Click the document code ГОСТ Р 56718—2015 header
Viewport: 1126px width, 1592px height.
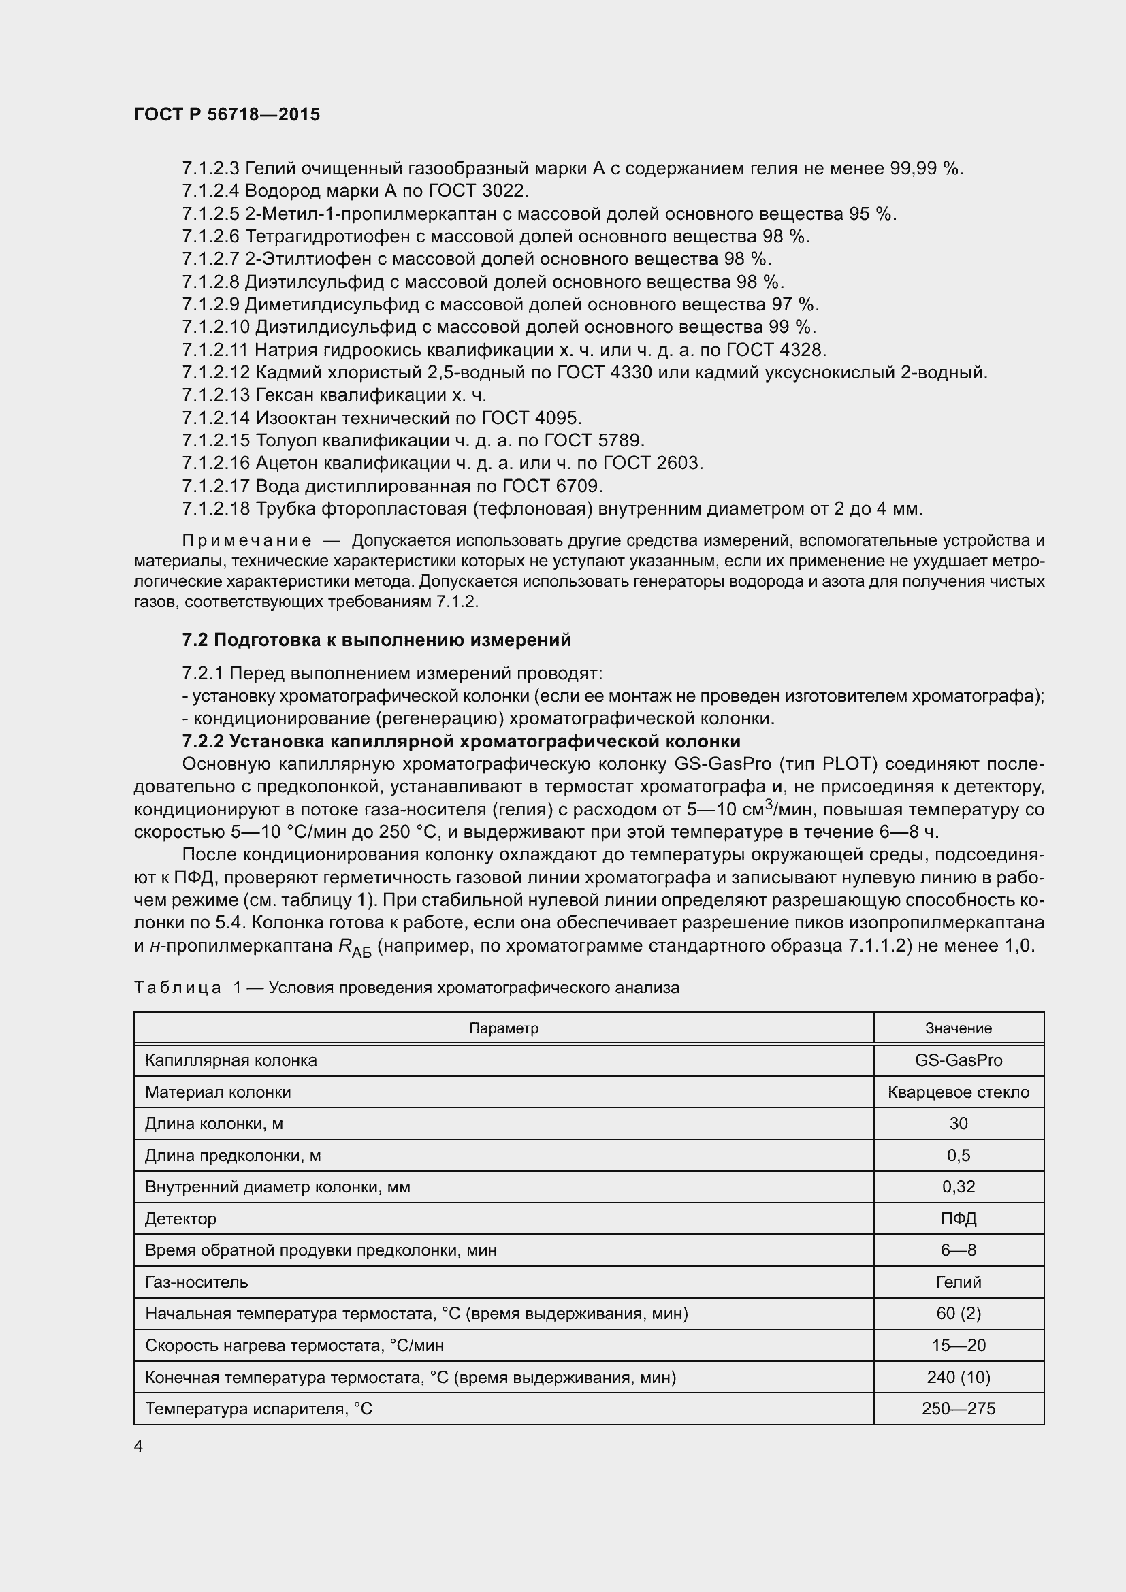click(227, 114)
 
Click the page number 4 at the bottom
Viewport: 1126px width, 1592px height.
click(139, 1446)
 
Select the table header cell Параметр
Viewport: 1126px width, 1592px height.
click(503, 1028)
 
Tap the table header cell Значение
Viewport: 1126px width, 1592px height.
click(959, 1028)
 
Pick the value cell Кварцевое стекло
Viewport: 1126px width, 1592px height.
click(959, 1092)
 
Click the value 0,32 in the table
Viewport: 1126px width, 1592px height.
click(959, 1186)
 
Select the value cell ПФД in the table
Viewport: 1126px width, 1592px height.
click(959, 1218)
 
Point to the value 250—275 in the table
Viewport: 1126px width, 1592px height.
click(959, 1408)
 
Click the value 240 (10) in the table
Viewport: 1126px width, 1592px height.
click(959, 1376)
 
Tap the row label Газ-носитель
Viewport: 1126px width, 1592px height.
click(196, 1282)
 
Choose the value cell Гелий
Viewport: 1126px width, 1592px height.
click(959, 1282)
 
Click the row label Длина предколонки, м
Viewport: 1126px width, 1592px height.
click(232, 1155)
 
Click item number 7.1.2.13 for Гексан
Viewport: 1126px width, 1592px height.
click(216, 395)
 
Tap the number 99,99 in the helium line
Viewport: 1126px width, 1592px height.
click(913, 169)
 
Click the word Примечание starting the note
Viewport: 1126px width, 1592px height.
click(247, 541)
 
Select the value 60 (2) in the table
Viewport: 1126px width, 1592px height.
click(959, 1313)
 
